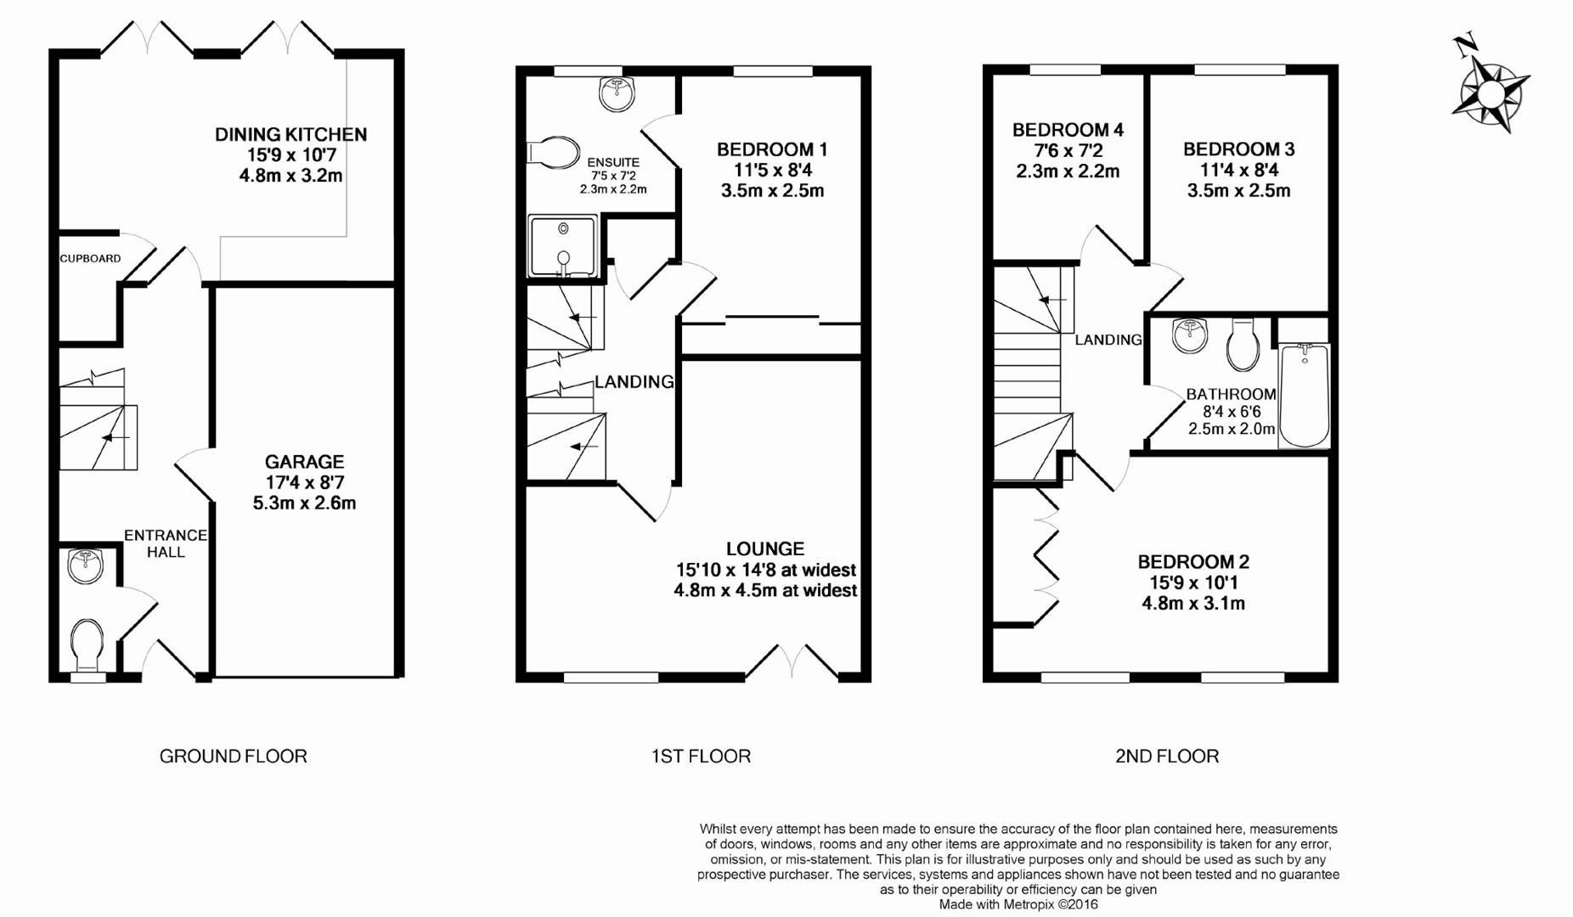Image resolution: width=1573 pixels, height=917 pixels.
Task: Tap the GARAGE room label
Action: (x=304, y=462)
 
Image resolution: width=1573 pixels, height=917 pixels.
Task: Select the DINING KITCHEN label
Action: (x=290, y=134)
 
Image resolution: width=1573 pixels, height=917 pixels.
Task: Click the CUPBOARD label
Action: (x=90, y=258)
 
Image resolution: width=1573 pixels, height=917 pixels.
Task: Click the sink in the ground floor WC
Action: (x=85, y=565)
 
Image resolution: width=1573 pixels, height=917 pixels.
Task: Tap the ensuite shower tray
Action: (x=563, y=246)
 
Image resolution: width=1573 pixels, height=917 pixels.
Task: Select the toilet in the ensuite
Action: (x=552, y=152)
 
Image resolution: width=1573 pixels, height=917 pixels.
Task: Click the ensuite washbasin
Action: (x=617, y=93)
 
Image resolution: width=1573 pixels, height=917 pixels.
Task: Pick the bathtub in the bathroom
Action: (x=1304, y=395)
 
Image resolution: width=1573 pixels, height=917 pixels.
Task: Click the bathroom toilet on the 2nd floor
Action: (x=1243, y=344)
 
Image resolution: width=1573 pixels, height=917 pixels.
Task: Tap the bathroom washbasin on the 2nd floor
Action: (x=1190, y=335)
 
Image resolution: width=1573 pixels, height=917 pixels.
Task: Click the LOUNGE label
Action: (x=765, y=549)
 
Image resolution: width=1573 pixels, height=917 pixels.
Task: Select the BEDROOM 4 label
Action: (x=1068, y=130)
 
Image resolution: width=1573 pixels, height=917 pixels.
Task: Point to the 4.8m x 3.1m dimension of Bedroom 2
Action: (x=1193, y=604)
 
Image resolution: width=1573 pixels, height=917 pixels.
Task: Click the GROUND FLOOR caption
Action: (x=234, y=756)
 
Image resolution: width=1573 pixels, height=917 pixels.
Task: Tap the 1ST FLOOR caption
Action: (x=701, y=756)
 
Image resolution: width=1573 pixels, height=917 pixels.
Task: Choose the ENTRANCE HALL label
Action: (x=166, y=543)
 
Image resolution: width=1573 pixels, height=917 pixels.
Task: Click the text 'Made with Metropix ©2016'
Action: (x=1018, y=905)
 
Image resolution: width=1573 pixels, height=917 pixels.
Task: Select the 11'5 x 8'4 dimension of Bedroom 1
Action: (x=772, y=170)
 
